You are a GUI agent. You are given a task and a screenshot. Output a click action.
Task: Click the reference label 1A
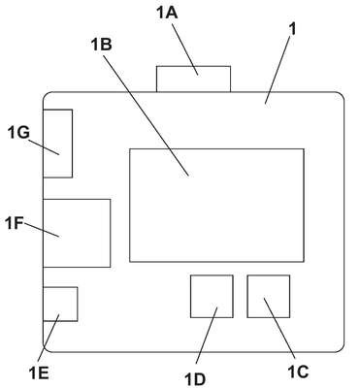pos(167,13)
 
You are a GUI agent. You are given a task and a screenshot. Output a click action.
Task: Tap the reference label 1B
pos(101,45)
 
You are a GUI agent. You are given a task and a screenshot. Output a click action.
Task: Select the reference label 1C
pos(298,372)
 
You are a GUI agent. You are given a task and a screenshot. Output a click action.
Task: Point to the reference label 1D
pos(195,379)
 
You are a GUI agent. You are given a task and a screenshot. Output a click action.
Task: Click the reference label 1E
pos(39,373)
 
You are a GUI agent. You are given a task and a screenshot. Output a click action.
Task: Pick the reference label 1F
pos(15,223)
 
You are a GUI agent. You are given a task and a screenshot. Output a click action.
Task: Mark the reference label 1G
pos(18,133)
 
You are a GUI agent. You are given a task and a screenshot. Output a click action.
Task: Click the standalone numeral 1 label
pos(292,29)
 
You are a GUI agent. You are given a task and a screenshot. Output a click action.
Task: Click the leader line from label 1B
pos(146,115)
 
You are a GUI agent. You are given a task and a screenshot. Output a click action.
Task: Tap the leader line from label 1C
pos(279,329)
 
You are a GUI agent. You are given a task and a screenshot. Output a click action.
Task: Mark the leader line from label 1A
pos(184,49)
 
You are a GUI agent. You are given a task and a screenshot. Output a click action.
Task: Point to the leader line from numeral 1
pos(278,71)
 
